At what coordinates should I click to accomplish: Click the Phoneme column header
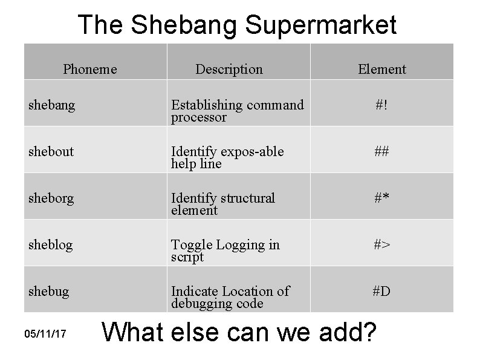[x=89, y=69]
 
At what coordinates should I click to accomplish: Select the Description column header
[x=229, y=69]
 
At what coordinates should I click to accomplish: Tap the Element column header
[x=381, y=69]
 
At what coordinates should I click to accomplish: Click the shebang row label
[x=52, y=105]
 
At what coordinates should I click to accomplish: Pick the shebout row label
[x=51, y=151]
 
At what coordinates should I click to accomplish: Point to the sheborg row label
[x=51, y=198]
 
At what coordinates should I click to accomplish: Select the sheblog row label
[x=50, y=244]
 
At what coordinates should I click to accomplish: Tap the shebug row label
[x=48, y=291]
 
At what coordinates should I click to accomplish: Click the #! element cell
[x=381, y=105]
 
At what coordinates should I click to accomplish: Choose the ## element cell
[x=381, y=151]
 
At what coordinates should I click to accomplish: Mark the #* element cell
[x=381, y=198]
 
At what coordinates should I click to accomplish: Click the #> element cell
[x=381, y=244]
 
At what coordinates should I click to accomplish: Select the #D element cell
[x=381, y=291]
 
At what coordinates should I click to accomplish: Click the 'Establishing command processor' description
[x=237, y=111]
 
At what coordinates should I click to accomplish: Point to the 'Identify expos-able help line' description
[x=227, y=157]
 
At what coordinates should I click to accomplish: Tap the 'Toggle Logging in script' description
[x=225, y=250]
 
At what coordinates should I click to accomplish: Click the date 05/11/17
[x=46, y=333]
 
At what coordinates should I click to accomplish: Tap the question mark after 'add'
[x=366, y=332]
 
